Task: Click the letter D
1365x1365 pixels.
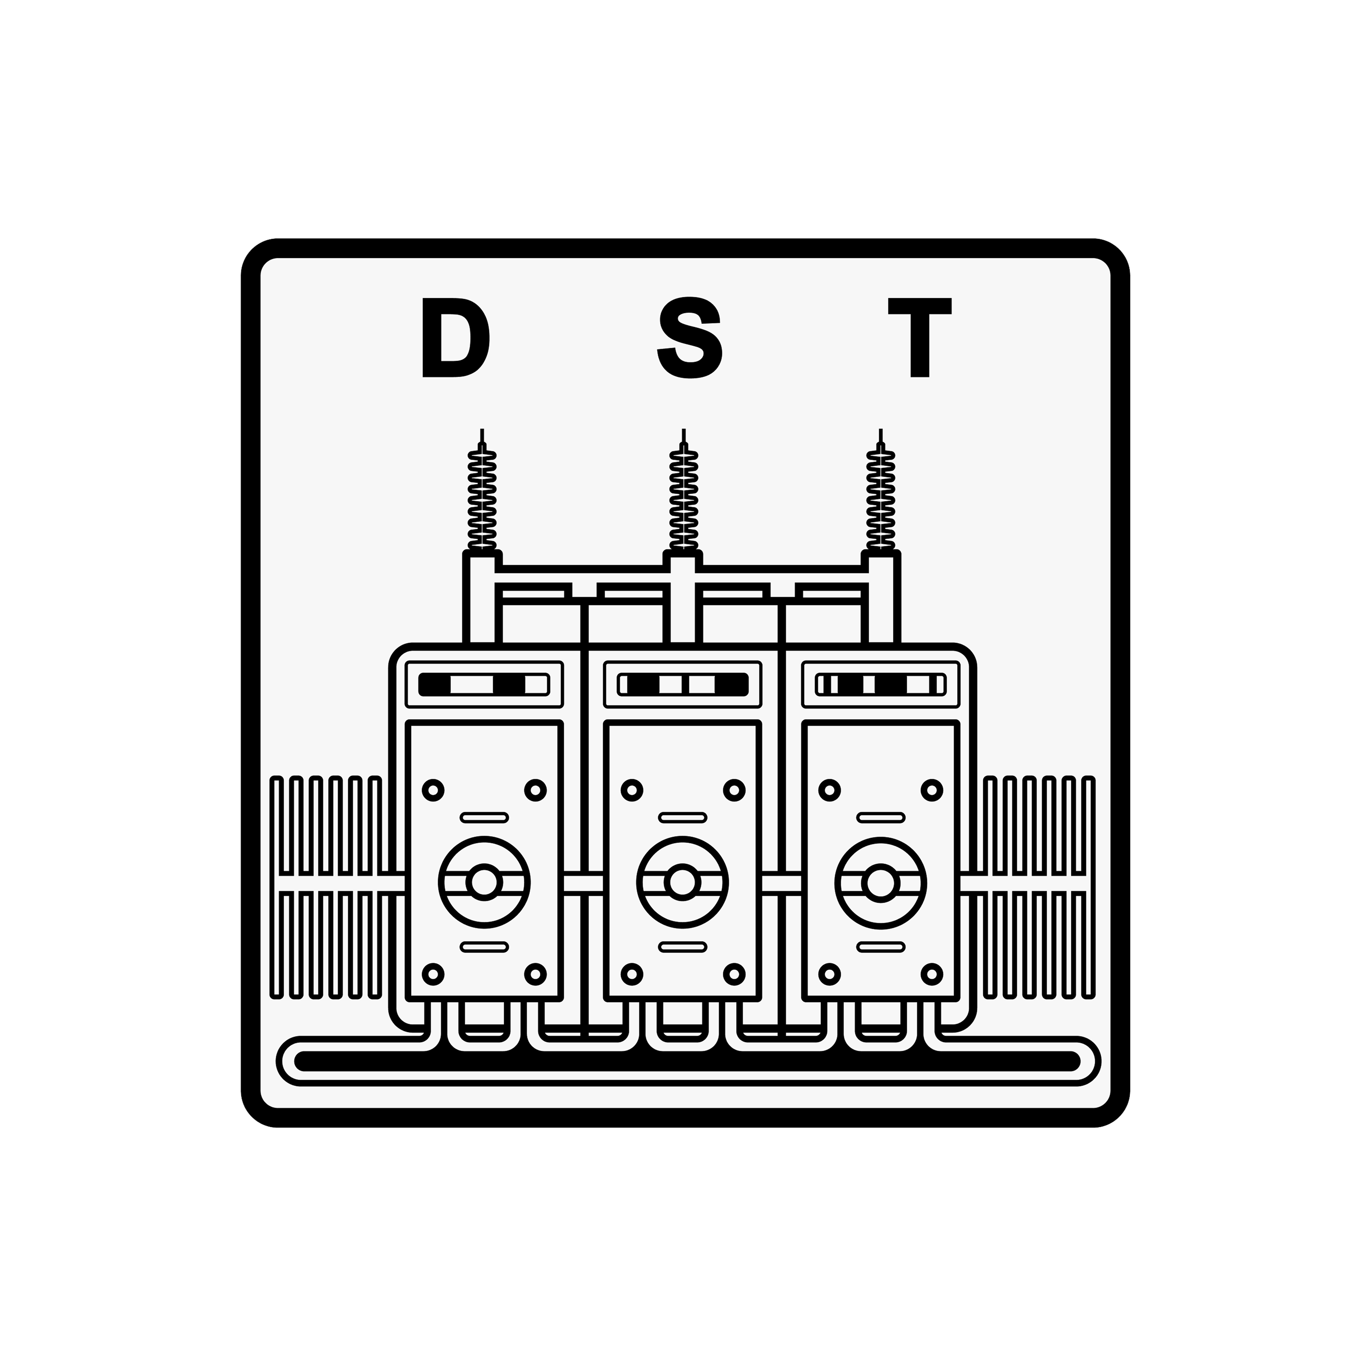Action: pos(454,337)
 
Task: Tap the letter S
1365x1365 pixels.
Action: pos(689,337)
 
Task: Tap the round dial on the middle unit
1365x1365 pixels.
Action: pos(682,882)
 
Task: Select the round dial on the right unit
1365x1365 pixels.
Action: pos(880,882)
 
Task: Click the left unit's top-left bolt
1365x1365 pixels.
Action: pos(433,790)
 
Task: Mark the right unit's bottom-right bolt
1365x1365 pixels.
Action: pos(932,974)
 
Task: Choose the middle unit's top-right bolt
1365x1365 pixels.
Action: pos(735,790)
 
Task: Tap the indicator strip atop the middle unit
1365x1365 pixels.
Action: pos(682,684)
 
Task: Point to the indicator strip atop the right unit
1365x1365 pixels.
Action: pos(880,684)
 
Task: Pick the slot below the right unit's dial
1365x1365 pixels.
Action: pos(880,947)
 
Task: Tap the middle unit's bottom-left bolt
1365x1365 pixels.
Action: pos(632,974)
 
